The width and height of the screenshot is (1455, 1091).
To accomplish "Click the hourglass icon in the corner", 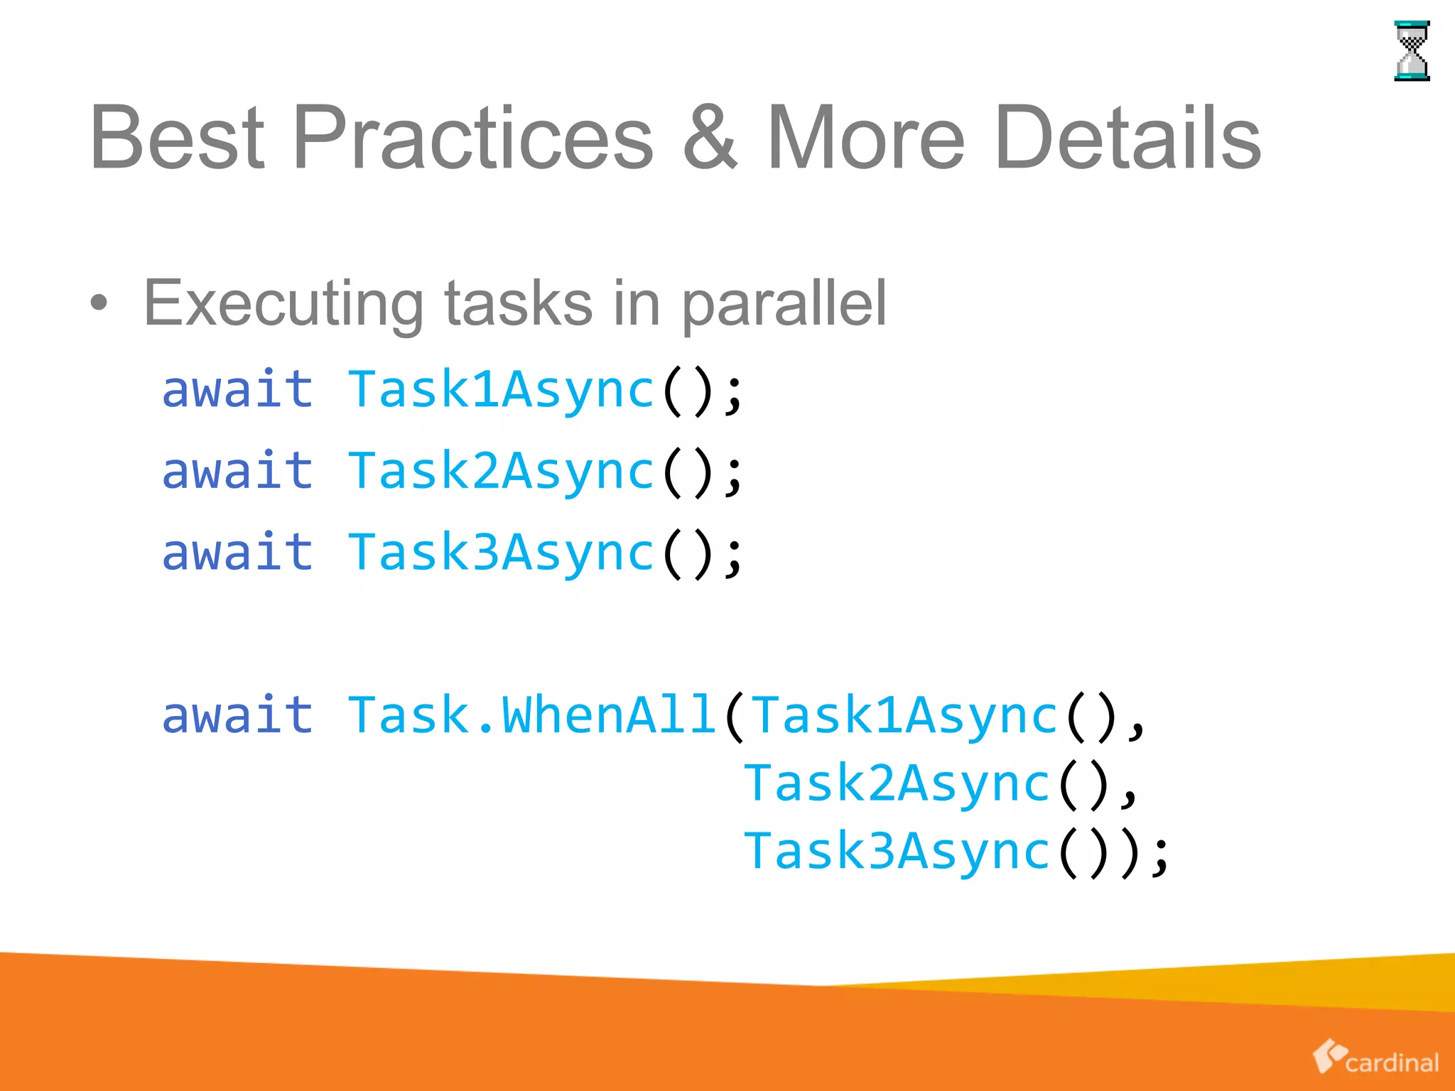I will pos(1411,50).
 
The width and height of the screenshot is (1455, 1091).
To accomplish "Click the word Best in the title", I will pos(177,138).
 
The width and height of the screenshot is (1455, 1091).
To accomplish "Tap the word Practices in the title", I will pos(472,138).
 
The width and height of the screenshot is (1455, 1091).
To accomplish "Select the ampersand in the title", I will pos(710,138).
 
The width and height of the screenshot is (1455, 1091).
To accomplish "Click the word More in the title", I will pos(866,138).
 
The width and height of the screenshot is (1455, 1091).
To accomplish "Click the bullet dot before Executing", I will pos(99,303).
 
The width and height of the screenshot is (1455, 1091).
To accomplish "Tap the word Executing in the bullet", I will pos(283,303).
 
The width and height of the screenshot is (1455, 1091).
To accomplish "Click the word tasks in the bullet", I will pos(519,303).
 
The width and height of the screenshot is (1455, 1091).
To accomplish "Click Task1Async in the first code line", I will pos(501,390).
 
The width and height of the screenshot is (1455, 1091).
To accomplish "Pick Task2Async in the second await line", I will pos(501,472).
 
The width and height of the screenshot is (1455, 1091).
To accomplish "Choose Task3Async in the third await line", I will pos(501,553).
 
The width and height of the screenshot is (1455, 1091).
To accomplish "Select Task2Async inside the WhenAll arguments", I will pos(897,783).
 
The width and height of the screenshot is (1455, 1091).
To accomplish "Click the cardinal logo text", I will pos(1391,1063).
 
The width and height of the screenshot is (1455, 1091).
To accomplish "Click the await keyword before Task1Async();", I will pos(237,390).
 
